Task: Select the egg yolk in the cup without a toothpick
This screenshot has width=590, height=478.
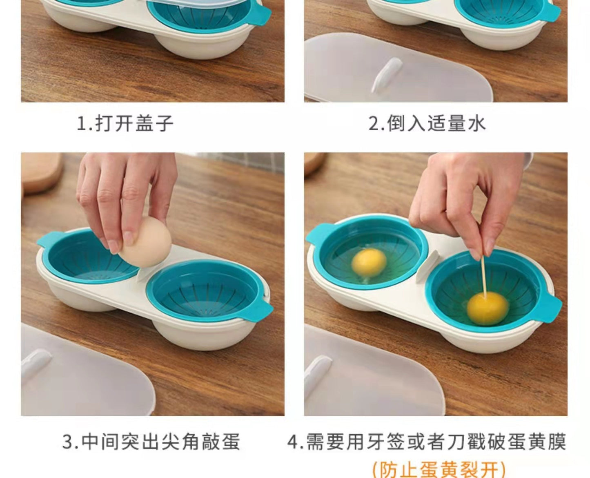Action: pyautogui.click(x=369, y=262)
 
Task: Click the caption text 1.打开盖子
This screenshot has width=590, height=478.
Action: pyautogui.click(x=125, y=123)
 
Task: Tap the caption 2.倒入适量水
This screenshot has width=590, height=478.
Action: pyautogui.click(x=427, y=123)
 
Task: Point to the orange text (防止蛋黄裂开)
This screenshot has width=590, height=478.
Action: pyautogui.click(x=439, y=469)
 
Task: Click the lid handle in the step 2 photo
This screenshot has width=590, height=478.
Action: pyautogui.click(x=387, y=75)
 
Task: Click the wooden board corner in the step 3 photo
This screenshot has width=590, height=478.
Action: pyautogui.click(x=42, y=172)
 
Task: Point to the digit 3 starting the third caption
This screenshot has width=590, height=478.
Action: pyautogui.click(x=67, y=442)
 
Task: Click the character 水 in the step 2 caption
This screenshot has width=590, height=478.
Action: pyautogui.click(x=477, y=123)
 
